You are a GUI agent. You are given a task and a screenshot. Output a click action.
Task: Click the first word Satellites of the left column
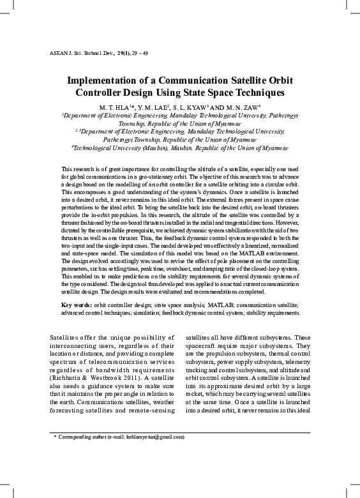(66, 337)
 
